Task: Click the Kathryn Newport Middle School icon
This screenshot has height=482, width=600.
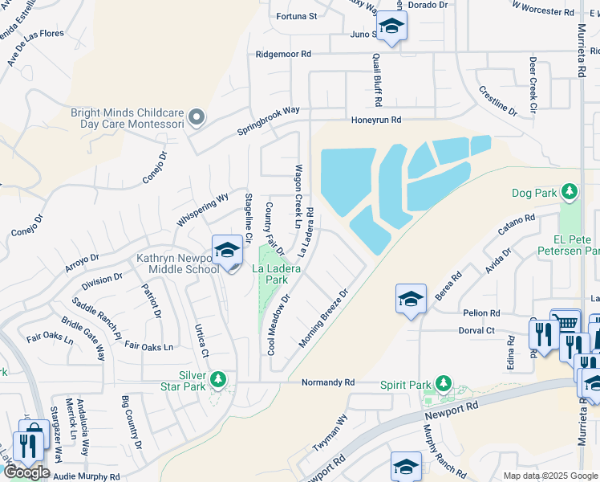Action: tap(227, 251)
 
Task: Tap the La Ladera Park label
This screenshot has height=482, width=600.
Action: tap(277, 275)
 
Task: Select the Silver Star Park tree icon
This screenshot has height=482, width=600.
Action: tap(217, 378)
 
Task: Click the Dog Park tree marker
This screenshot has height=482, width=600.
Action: tap(569, 192)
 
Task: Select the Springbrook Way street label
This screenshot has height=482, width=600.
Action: tap(267, 120)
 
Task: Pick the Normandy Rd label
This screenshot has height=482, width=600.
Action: tap(327, 383)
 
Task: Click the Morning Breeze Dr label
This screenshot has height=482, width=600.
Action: tap(324, 319)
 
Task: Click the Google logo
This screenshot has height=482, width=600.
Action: tap(26, 472)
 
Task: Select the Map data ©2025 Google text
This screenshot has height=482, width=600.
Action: tap(549, 476)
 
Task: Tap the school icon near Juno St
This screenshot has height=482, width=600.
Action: tap(391, 26)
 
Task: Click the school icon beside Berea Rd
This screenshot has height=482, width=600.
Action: tap(411, 300)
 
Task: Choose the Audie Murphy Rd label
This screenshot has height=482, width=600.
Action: tap(87, 476)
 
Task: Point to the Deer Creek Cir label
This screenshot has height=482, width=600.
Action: tap(533, 84)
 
